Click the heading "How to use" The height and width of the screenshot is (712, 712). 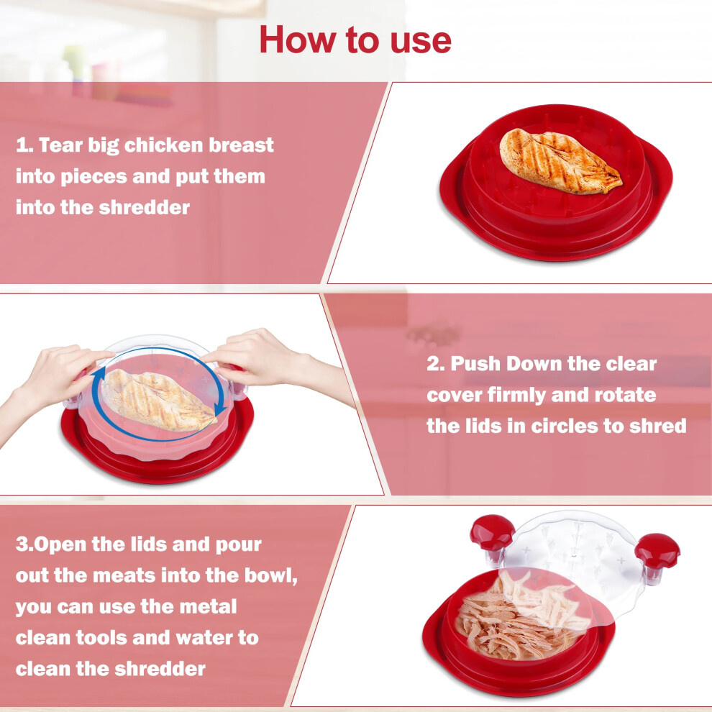[355, 40]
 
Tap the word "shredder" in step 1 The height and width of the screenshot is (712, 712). [145, 208]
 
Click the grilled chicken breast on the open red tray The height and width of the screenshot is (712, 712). [560, 161]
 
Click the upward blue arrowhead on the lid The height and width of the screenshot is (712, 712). [99, 375]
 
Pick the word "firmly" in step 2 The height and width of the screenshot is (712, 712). [516, 396]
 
